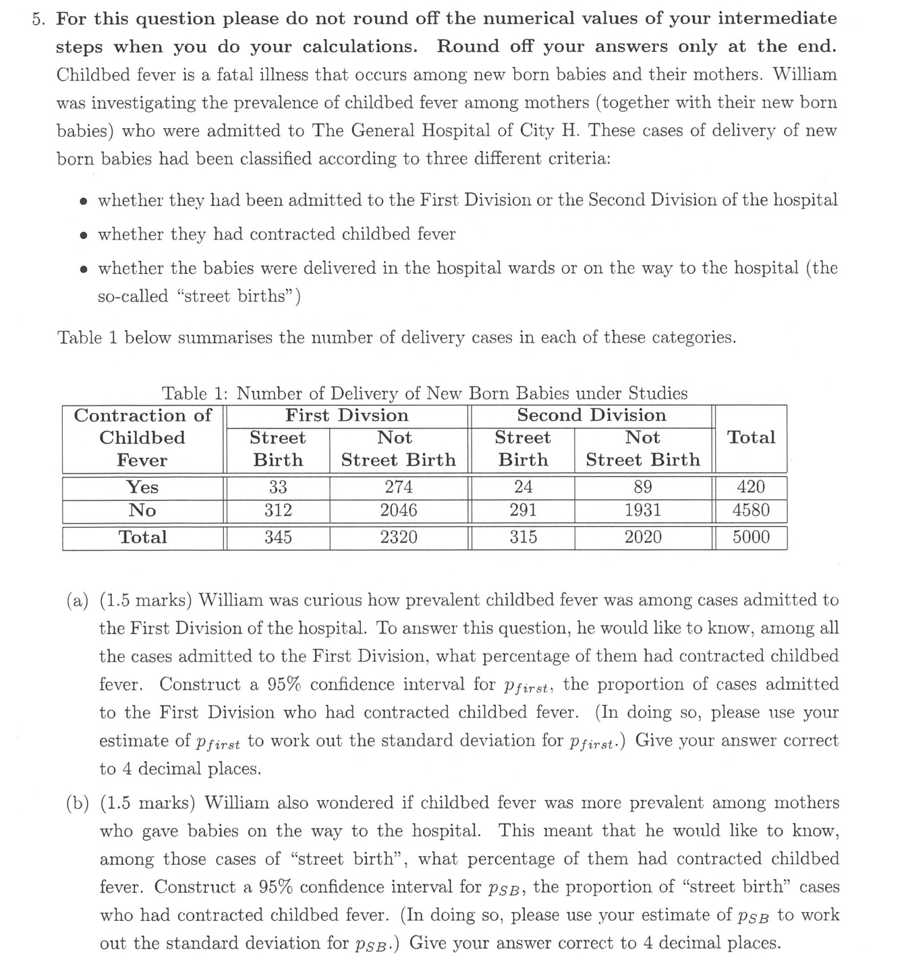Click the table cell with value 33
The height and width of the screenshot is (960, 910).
pyautogui.click(x=277, y=487)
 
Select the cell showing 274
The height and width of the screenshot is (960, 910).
pyautogui.click(x=398, y=487)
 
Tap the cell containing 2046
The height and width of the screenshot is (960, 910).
pyautogui.click(x=398, y=510)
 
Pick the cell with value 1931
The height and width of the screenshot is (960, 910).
pyautogui.click(x=642, y=510)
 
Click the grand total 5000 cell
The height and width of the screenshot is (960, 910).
pyautogui.click(x=751, y=538)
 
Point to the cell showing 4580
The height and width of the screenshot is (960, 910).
pyautogui.click(x=751, y=510)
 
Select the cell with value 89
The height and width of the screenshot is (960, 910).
pyautogui.click(x=642, y=487)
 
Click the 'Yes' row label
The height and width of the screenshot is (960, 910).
pyautogui.click(x=142, y=487)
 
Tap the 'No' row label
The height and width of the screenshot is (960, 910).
pyautogui.click(x=142, y=510)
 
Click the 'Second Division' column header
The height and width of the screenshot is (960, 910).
pyautogui.click(x=591, y=416)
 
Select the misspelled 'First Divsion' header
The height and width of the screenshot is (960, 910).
pyautogui.click(x=347, y=416)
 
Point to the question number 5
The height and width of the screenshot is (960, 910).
pyautogui.click(x=38, y=19)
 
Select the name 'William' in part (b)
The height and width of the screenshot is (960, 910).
pyautogui.click(x=235, y=803)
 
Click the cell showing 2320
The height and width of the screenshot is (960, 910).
pyautogui.click(x=398, y=538)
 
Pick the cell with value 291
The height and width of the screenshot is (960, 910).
pyautogui.click(x=523, y=510)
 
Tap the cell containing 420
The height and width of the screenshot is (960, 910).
pyautogui.click(x=751, y=487)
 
